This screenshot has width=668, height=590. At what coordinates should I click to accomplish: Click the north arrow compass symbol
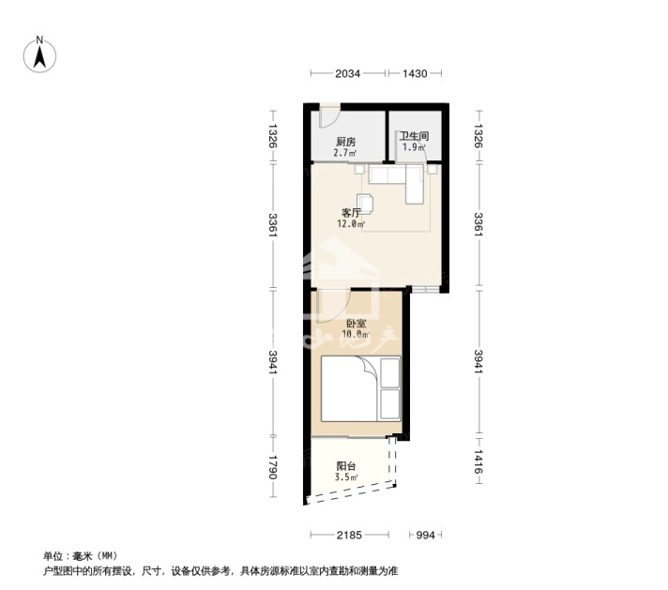[x=39, y=55]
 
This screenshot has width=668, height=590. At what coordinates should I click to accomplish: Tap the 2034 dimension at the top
[x=348, y=74]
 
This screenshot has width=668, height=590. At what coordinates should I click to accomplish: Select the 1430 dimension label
[x=415, y=74]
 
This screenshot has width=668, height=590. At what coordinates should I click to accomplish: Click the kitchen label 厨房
[x=345, y=142]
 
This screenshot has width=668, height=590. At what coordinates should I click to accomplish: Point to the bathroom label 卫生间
[x=414, y=136]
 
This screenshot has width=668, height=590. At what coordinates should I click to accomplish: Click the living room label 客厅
[x=351, y=213]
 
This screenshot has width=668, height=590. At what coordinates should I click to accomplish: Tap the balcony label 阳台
[x=345, y=466]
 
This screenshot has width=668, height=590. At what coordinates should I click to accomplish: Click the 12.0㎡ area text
[x=351, y=223]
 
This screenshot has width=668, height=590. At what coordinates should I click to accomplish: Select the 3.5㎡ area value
[x=346, y=477]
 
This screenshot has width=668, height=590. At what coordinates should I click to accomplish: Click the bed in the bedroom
[x=361, y=388]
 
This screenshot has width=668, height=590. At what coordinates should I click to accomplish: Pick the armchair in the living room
[x=365, y=203]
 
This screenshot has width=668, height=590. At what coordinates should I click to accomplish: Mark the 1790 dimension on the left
[x=272, y=467]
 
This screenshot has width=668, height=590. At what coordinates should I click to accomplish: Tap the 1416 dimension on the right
[x=478, y=461]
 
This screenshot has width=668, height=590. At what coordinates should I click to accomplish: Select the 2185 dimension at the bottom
[x=349, y=535]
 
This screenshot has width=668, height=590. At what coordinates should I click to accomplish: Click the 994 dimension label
[x=425, y=535]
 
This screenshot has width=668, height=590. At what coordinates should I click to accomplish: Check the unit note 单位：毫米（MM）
[x=80, y=556]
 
